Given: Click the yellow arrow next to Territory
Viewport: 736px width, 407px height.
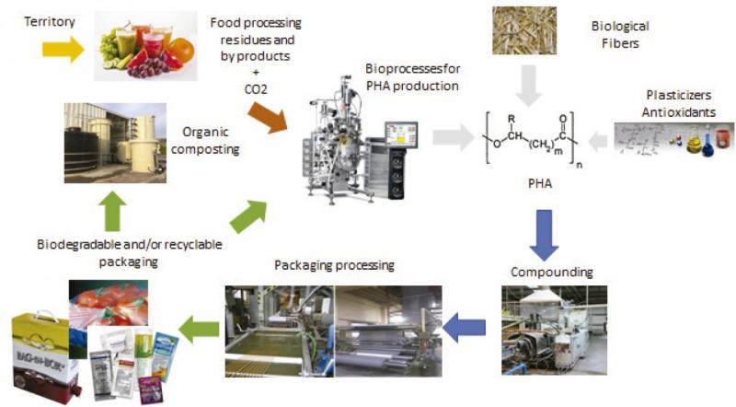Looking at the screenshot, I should [63, 51].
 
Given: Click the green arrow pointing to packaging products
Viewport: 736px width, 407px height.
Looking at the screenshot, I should [199, 324].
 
